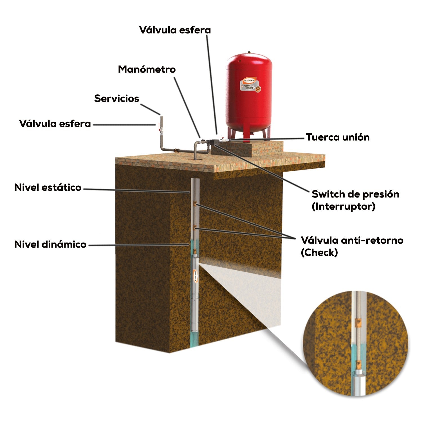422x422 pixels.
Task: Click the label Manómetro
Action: point(147,69)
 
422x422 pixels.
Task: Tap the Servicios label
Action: point(116,98)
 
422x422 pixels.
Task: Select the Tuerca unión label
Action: point(338,137)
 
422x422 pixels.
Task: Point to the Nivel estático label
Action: point(48,187)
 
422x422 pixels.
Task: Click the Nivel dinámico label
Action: point(50,244)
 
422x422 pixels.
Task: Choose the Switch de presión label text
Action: point(355,194)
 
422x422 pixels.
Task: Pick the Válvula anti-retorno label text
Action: point(352,240)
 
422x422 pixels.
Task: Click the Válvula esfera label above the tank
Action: point(175,30)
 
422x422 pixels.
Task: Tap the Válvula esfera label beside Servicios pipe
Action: point(55,124)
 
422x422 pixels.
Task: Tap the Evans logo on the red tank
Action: point(249,80)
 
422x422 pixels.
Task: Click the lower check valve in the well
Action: point(194,227)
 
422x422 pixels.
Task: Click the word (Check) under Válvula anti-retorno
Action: point(319,253)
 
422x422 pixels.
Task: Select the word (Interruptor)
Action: point(343,206)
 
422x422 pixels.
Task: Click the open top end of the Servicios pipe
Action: point(161,116)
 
